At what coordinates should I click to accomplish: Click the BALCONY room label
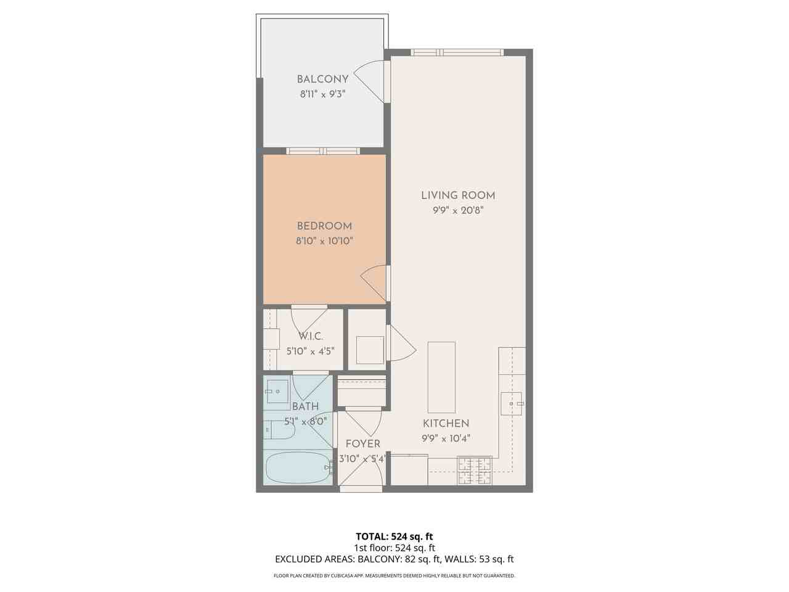tap(322, 79)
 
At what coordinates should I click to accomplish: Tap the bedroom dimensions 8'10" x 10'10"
tap(324, 241)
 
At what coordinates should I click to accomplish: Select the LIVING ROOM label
tap(458, 195)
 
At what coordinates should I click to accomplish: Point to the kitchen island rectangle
tap(441, 377)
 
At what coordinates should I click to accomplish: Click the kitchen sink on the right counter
tap(511, 403)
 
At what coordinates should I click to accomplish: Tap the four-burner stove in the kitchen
tap(474, 471)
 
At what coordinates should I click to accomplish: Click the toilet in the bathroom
tap(279, 430)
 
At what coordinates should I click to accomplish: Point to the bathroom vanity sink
tap(277, 392)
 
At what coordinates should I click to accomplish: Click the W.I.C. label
tap(311, 336)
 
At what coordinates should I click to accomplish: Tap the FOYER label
tap(362, 444)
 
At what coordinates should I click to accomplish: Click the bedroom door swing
tap(375, 283)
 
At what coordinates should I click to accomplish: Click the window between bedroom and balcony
tap(324, 150)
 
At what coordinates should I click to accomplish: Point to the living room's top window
tap(457, 52)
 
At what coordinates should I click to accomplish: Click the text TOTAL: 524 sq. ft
tap(394, 536)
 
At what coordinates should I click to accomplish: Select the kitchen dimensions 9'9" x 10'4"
tap(446, 438)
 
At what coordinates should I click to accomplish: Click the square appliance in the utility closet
tap(370, 350)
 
